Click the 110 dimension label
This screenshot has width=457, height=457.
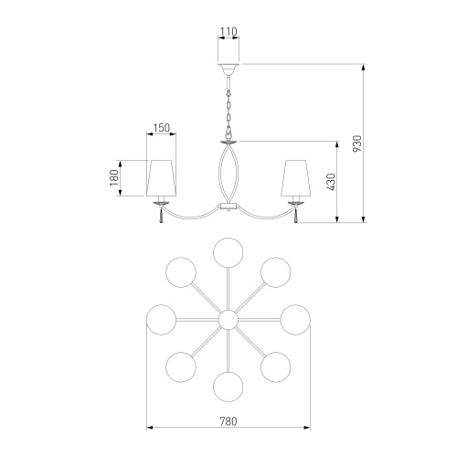[228, 31]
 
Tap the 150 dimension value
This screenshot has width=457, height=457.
[161, 128]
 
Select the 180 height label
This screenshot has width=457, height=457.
[114, 178]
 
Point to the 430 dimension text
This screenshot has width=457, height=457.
[332, 182]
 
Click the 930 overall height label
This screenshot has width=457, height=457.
[357, 143]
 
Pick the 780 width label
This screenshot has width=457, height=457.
[228, 421]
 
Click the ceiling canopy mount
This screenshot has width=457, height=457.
[228, 69]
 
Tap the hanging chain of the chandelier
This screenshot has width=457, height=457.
[228, 112]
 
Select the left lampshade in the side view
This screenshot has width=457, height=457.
[161, 178]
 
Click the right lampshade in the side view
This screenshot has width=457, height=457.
[295, 178]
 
